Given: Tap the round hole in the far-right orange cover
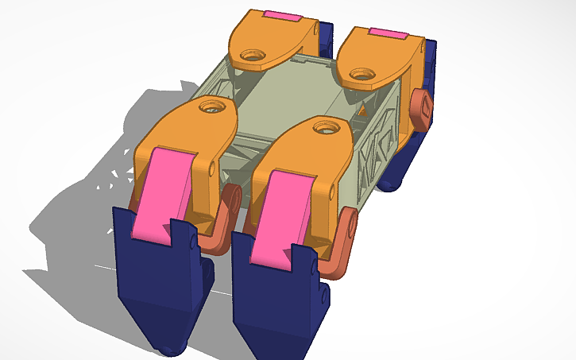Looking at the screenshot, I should pyautogui.click(x=363, y=75).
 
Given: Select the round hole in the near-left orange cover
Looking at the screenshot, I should pyautogui.click(x=212, y=105).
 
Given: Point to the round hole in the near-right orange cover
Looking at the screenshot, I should pyautogui.click(x=324, y=126).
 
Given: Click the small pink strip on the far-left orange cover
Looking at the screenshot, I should pyautogui.click(x=281, y=15).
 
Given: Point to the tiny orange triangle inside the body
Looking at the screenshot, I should pyautogui.click(x=362, y=112).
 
